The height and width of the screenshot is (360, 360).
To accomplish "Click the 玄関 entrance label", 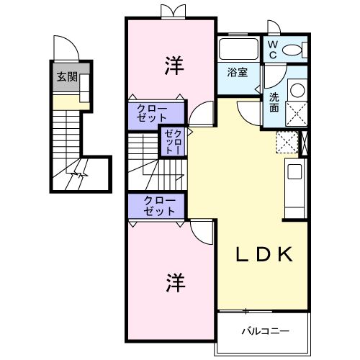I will click(x=68, y=78).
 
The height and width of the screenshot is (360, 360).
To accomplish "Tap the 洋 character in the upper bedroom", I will click(x=172, y=66).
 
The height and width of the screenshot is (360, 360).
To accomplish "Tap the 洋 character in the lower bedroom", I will click(x=172, y=282).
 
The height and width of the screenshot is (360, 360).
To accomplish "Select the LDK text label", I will click(x=265, y=254).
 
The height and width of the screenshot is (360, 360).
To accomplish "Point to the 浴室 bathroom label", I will click(x=238, y=73).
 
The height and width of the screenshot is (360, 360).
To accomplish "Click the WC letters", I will click(x=273, y=50).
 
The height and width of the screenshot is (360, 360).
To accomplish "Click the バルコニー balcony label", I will click(x=265, y=331).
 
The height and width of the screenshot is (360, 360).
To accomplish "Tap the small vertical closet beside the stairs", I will click(x=173, y=141).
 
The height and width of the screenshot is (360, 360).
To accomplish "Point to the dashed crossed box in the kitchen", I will click(x=287, y=141).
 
